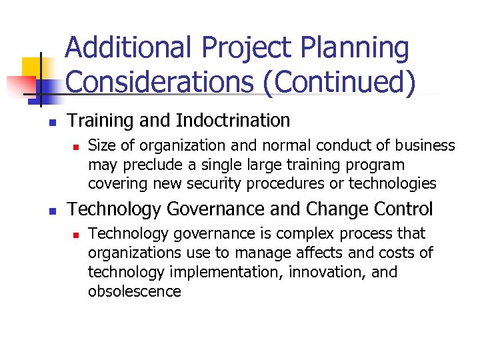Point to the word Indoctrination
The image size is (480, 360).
233,121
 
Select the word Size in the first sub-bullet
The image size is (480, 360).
102,146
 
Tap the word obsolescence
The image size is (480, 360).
134,291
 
